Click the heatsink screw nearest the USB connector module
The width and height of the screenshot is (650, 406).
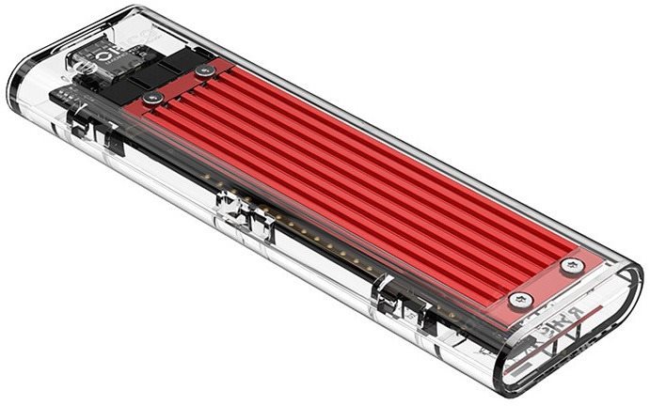(x=205, y=70)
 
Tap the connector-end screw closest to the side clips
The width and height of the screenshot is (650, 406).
(x=156, y=97)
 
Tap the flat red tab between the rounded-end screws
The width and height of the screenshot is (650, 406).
(x=546, y=282)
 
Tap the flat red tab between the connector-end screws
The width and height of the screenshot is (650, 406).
(x=181, y=84)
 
